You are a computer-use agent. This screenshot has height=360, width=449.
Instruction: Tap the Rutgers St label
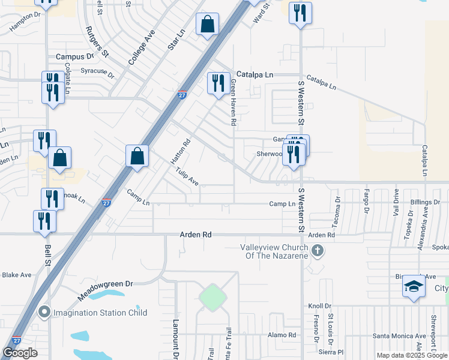point(96,41)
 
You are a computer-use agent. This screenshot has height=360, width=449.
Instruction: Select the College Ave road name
point(142,47)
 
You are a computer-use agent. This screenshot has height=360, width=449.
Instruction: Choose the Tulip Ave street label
point(187,176)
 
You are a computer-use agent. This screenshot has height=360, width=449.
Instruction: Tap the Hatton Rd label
point(180,152)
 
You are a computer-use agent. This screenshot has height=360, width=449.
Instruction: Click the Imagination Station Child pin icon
point(44,312)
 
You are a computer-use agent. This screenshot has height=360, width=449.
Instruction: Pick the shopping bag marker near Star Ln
point(208,25)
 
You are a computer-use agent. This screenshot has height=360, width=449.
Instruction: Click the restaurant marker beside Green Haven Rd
point(218,82)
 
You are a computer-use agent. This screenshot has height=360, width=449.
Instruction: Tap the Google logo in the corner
point(20,353)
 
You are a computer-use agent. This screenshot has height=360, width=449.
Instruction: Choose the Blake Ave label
point(17,275)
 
